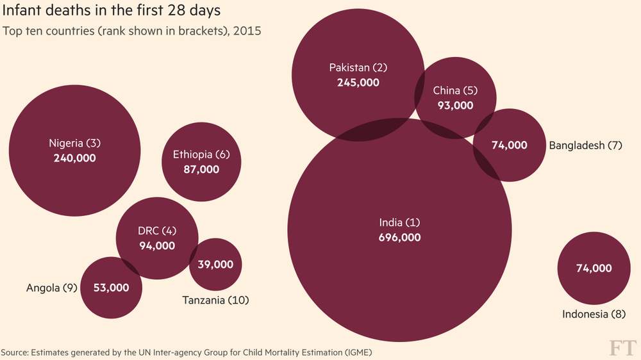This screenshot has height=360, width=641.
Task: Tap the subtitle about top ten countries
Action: [x=132, y=31]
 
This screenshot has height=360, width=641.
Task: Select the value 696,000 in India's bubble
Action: [x=399, y=237]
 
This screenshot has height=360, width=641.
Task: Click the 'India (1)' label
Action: [x=399, y=222]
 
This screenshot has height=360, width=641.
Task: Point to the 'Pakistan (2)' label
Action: [x=358, y=67]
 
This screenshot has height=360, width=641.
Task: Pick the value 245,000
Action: [x=358, y=82]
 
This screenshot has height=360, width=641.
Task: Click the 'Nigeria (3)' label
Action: [x=75, y=143]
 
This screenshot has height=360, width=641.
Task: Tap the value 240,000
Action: [x=74, y=158]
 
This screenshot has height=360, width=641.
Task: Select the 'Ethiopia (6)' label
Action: [x=201, y=154]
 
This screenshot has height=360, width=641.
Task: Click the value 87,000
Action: [x=201, y=169]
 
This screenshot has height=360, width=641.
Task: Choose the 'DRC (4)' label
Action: [x=156, y=231]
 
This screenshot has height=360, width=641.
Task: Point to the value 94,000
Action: [x=156, y=245]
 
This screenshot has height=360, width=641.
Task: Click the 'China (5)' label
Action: [x=455, y=90]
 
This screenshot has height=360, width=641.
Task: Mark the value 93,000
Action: [x=455, y=105]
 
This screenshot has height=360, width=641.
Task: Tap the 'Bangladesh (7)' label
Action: [x=586, y=145]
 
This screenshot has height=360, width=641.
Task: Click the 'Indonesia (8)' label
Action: [x=594, y=314]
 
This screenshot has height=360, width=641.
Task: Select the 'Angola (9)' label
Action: [x=52, y=288]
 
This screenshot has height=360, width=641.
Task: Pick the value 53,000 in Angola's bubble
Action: [x=111, y=288]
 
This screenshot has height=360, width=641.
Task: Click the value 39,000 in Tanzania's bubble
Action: [x=215, y=264]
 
